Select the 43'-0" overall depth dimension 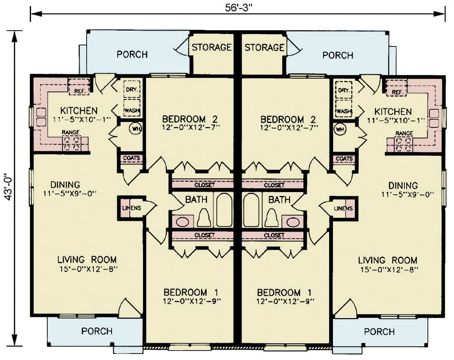pyautogui.click(x=8, y=188)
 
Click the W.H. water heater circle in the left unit pyautogui.click(x=135, y=129)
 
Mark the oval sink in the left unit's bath pyautogui.click(x=182, y=222)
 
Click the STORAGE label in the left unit pyautogui.click(x=211, y=47)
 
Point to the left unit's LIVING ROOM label pyautogui.click(x=87, y=260)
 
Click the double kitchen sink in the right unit pyautogui.click(x=434, y=118)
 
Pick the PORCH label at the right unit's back pyautogui.click(x=337, y=55)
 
